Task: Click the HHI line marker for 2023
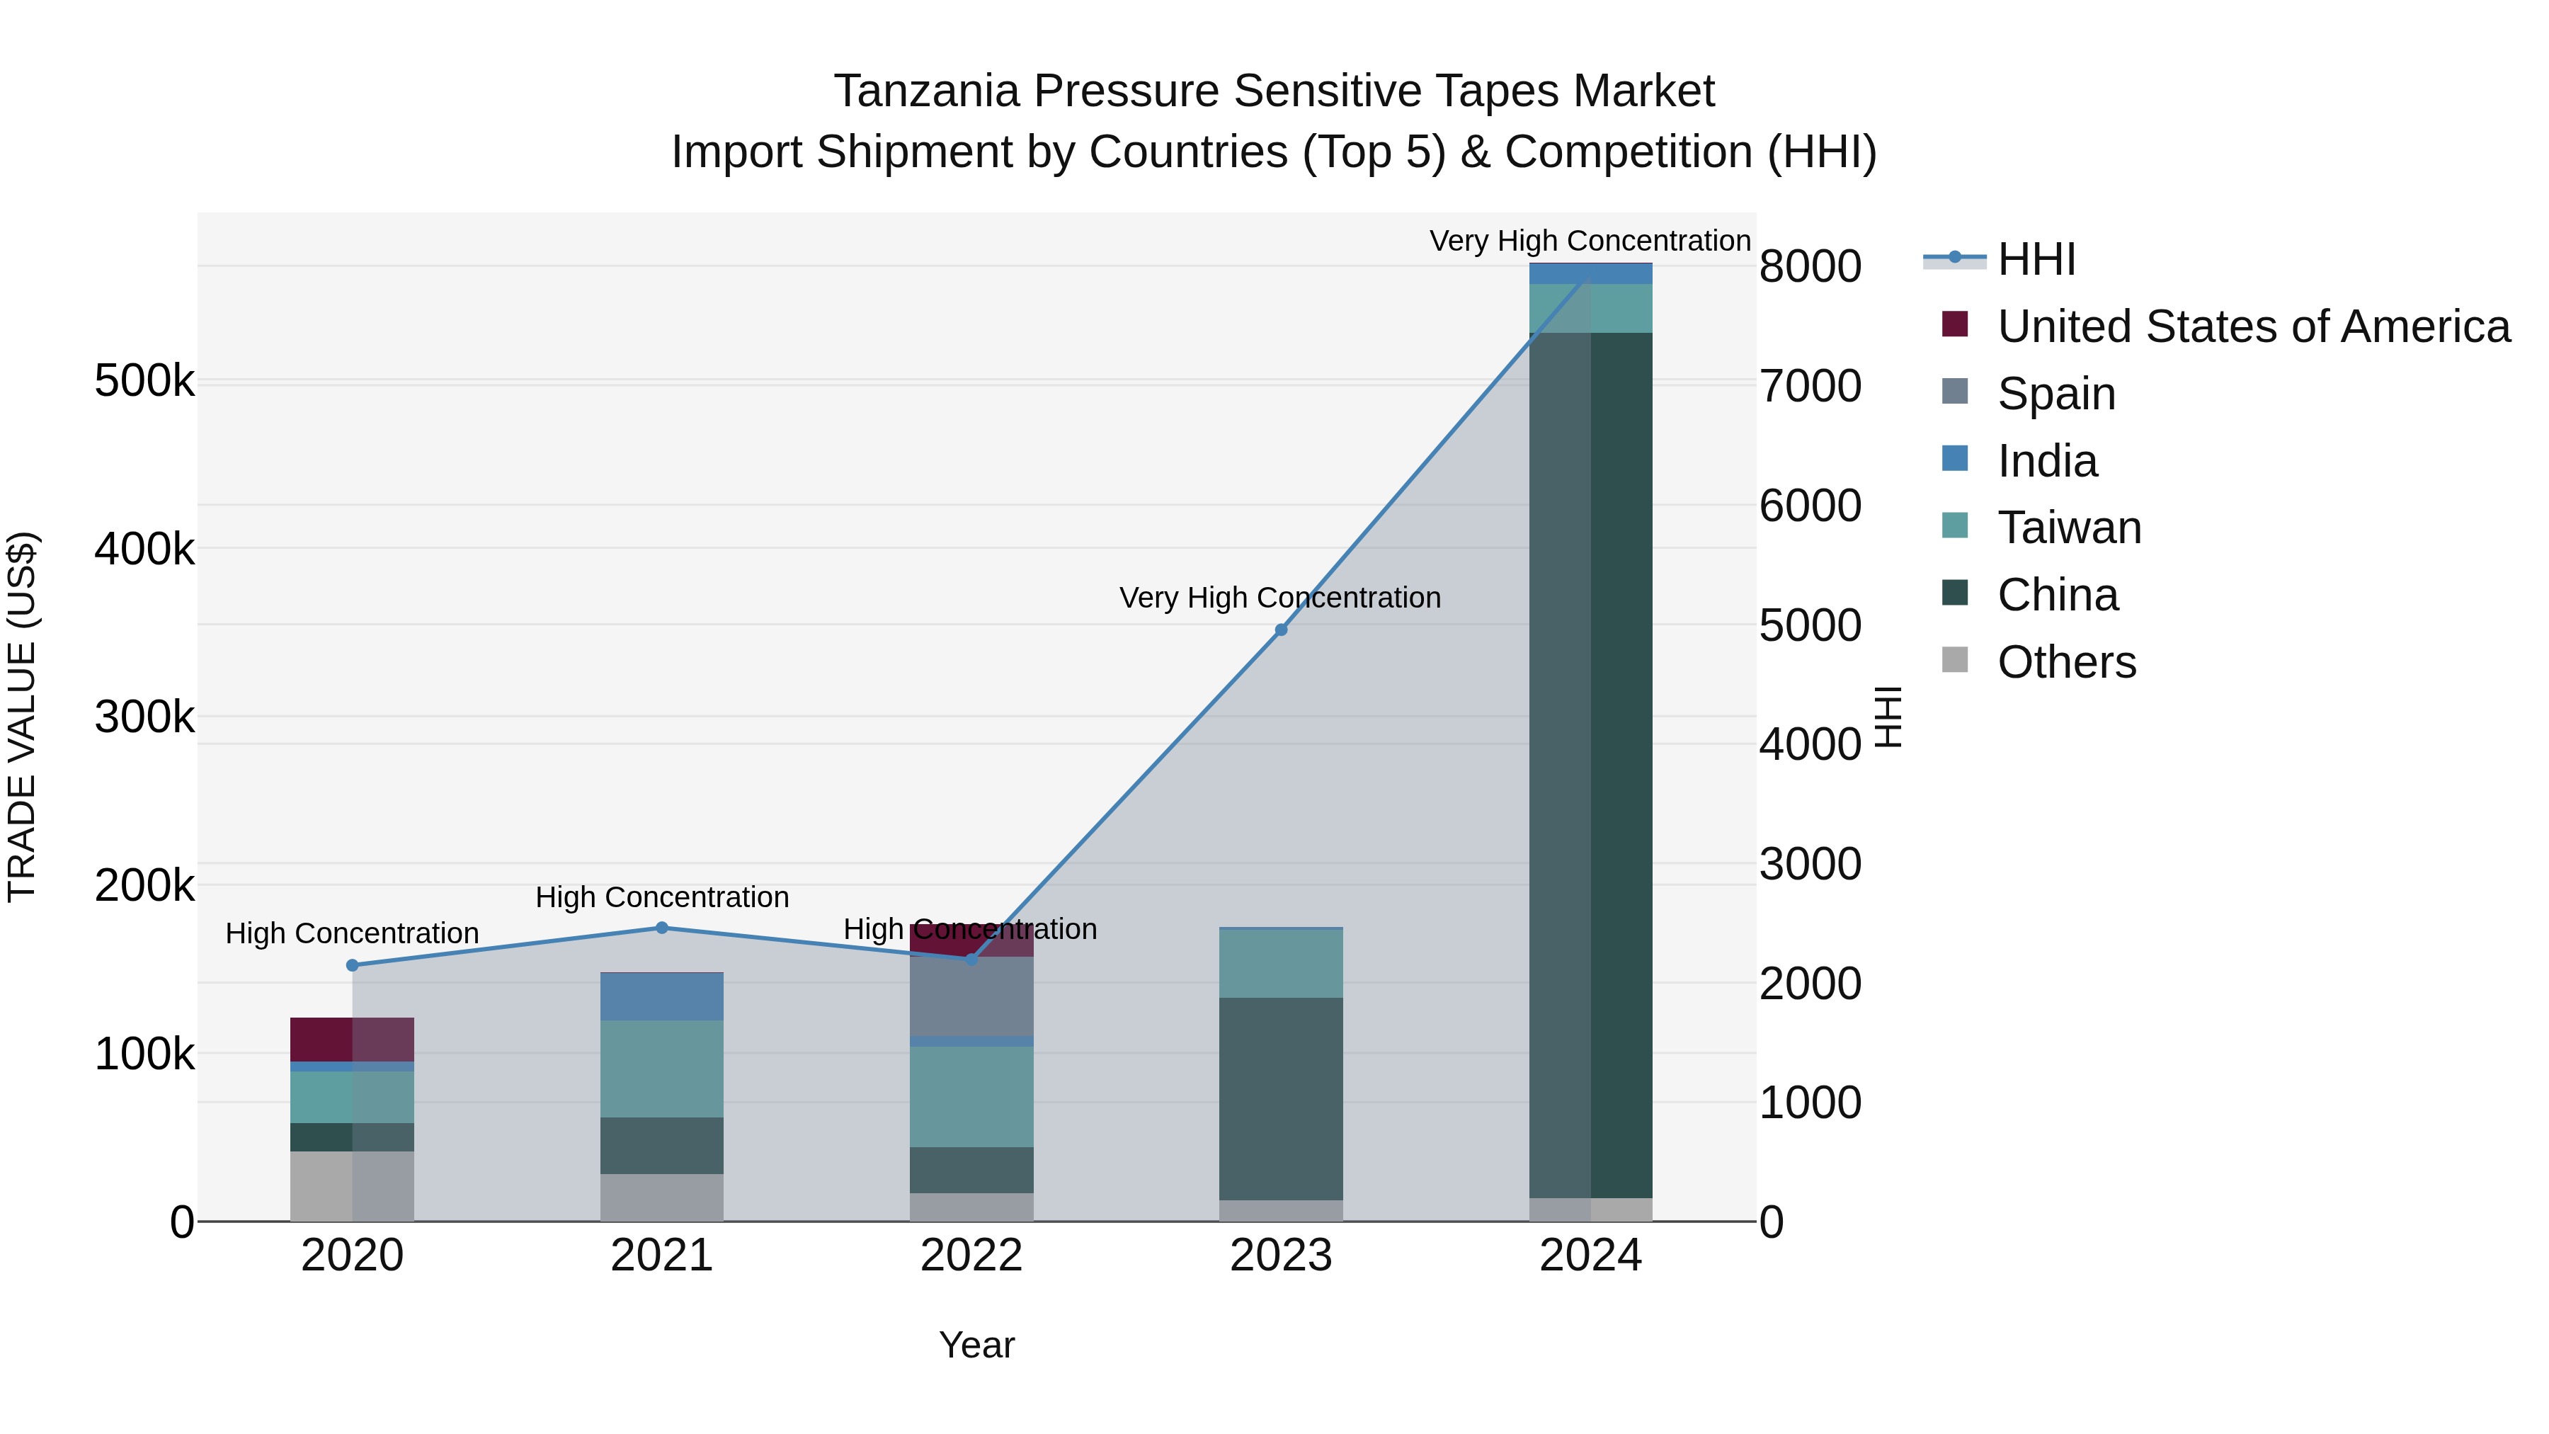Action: pos(1280,630)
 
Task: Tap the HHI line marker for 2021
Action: pos(662,927)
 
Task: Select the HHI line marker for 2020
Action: pos(353,965)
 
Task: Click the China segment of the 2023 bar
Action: pos(1280,1098)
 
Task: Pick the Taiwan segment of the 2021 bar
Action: pos(662,1069)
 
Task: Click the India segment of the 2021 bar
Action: pos(662,996)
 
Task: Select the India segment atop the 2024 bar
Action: pos(1590,273)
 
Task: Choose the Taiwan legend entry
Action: pos(2069,528)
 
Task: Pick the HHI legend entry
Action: pos(2036,259)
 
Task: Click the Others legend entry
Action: pos(2066,662)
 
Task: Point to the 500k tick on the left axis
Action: pos(144,381)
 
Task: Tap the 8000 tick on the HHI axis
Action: pos(1810,266)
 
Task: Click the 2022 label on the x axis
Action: pos(971,1256)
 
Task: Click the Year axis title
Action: pos(976,1345)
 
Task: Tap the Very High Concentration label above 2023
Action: pos(1279,598)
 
